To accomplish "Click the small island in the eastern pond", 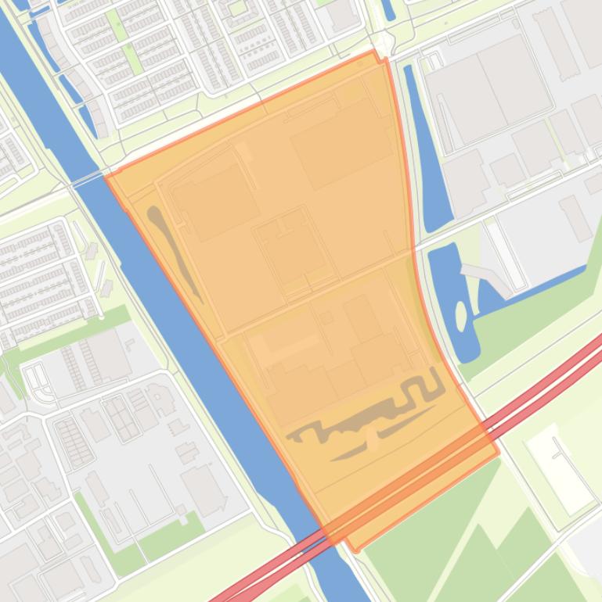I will point(461,316).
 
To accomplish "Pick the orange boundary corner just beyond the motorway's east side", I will point(497,452).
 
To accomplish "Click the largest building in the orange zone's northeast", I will point(341,145).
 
